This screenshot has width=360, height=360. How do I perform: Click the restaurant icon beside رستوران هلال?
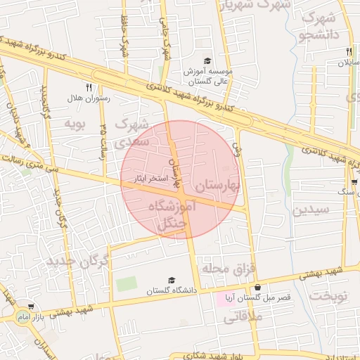[x=89, y=87]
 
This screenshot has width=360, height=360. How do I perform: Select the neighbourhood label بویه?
[x=75, y=124]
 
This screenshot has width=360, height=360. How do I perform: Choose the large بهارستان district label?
[x=218, y=186]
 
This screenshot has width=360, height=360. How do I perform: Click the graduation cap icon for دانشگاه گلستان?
[x=172, y=280]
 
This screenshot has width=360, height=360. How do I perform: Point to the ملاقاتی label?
[x=243, y=317]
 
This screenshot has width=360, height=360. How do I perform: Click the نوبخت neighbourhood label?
[x=330, y=295]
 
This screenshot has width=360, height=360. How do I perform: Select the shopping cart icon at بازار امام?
[x=30, y=307]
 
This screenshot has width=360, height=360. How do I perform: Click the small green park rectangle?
[x=127, y=284]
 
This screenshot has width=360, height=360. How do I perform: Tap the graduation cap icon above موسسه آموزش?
[x=207, y=60]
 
